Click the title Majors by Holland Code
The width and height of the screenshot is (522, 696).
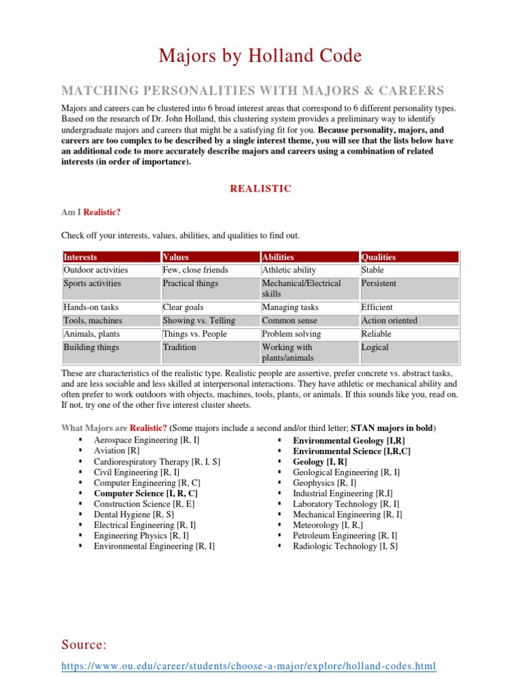tap(260, 55)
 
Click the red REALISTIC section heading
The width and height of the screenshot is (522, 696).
tap(261, 188)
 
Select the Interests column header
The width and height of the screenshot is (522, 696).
tap(80, 257)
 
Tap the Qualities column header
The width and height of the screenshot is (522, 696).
tap(379, 257)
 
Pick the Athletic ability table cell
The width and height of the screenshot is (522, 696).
tap(289, 270)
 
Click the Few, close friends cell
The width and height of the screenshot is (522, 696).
tap(195, 270)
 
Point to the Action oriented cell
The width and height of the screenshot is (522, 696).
tap(389, 320)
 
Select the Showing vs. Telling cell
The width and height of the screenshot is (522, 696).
tap(199, 320)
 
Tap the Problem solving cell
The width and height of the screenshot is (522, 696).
tap(292, 334)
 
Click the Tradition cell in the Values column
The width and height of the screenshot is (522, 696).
tap(179, 347)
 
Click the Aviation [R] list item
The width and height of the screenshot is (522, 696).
tap(117, 451)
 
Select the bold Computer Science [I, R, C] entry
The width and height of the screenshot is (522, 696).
tap(145, 493)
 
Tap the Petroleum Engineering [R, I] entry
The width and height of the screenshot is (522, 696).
tap(345, 536)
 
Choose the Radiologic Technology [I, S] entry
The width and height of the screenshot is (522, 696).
tap(345, 546)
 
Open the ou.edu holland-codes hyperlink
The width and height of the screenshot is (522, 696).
tap(249, 666)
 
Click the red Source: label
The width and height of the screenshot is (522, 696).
tap(84, 644)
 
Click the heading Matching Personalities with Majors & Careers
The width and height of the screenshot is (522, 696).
tap(253, 90)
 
